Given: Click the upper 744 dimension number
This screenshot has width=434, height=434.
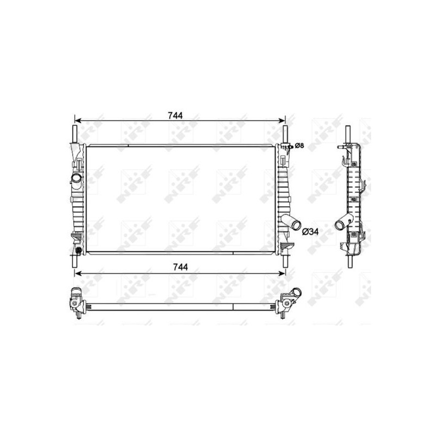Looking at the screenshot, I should (175, 115).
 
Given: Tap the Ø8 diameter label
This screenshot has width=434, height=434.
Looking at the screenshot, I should (298, 146).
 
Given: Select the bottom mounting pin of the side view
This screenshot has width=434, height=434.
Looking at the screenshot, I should (350, 261).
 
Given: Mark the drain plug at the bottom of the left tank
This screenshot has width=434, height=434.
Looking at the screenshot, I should (79, 250).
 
